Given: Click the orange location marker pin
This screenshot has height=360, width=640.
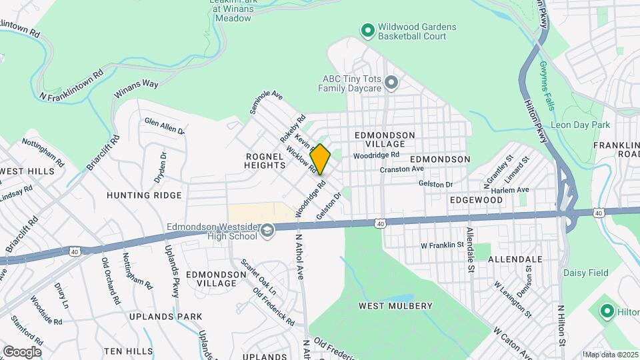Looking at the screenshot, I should point(321,159).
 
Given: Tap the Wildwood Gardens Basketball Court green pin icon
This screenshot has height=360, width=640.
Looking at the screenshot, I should point(367,31).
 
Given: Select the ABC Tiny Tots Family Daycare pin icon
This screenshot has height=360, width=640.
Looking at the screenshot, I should point(391,83).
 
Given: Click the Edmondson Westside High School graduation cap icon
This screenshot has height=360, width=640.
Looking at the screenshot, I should point(267,231).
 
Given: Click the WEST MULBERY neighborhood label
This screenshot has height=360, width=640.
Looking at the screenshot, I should point(395,306).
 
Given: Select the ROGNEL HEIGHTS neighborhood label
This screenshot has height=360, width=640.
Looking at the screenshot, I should point(265,160).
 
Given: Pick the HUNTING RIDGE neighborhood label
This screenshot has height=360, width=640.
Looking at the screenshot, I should point(144,195).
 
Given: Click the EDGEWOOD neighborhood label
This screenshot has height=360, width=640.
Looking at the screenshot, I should point(476,199).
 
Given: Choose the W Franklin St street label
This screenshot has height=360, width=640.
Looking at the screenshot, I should point(441,245).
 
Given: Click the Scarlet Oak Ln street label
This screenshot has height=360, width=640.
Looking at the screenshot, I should point(259,277).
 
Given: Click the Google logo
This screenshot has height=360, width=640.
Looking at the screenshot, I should point(22,351).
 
